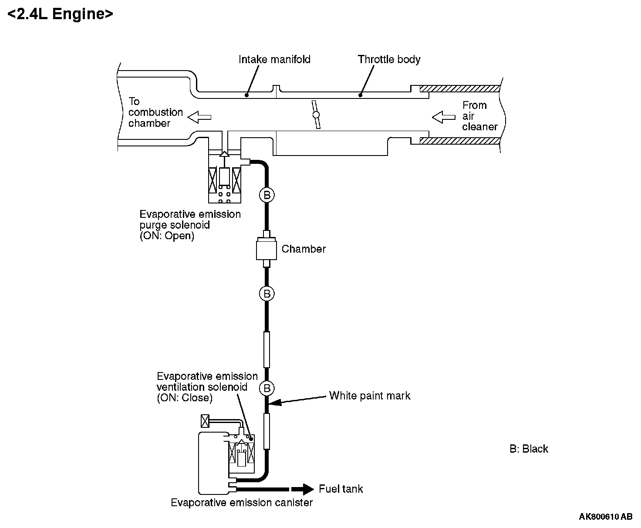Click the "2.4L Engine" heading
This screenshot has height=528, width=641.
pos(61,14)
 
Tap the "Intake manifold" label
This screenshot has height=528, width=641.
pos(274,59)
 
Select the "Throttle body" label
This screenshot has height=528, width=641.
pos(389,59)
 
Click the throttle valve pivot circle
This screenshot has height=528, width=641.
pos(316,115)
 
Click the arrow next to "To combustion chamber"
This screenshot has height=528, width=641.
pos(199,116)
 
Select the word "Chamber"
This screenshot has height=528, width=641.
pos(304,249)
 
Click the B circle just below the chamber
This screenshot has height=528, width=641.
pos(267,294)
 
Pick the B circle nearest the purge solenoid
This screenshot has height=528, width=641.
pos(267,195)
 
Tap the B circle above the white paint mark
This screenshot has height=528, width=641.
pos(267,388)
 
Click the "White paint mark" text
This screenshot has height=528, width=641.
pos(370,396)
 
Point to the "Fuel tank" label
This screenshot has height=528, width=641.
pos(341,489)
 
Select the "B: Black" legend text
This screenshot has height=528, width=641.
pos(529,449)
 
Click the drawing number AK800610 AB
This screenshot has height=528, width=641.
pos(605,517)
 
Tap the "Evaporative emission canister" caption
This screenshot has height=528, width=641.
pos(242,503)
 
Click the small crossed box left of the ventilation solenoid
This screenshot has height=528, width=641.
pos(205,421)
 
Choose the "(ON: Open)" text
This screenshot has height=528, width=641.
pos(167,236)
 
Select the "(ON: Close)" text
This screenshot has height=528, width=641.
pos(185,398)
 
